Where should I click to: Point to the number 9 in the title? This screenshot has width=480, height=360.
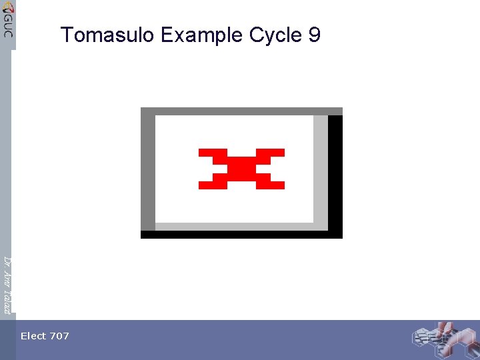315,35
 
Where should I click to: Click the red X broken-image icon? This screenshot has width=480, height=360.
241,169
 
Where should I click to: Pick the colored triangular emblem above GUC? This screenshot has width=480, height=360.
7,8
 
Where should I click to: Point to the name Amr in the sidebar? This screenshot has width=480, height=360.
7,277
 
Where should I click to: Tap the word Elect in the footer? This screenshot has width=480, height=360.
33,336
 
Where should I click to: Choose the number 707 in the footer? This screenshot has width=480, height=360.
59,336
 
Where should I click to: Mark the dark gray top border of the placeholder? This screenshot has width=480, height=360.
241,111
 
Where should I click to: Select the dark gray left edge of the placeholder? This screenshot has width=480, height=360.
148,173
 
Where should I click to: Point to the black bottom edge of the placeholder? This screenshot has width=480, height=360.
241,235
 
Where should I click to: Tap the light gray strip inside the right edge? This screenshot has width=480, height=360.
321,170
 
